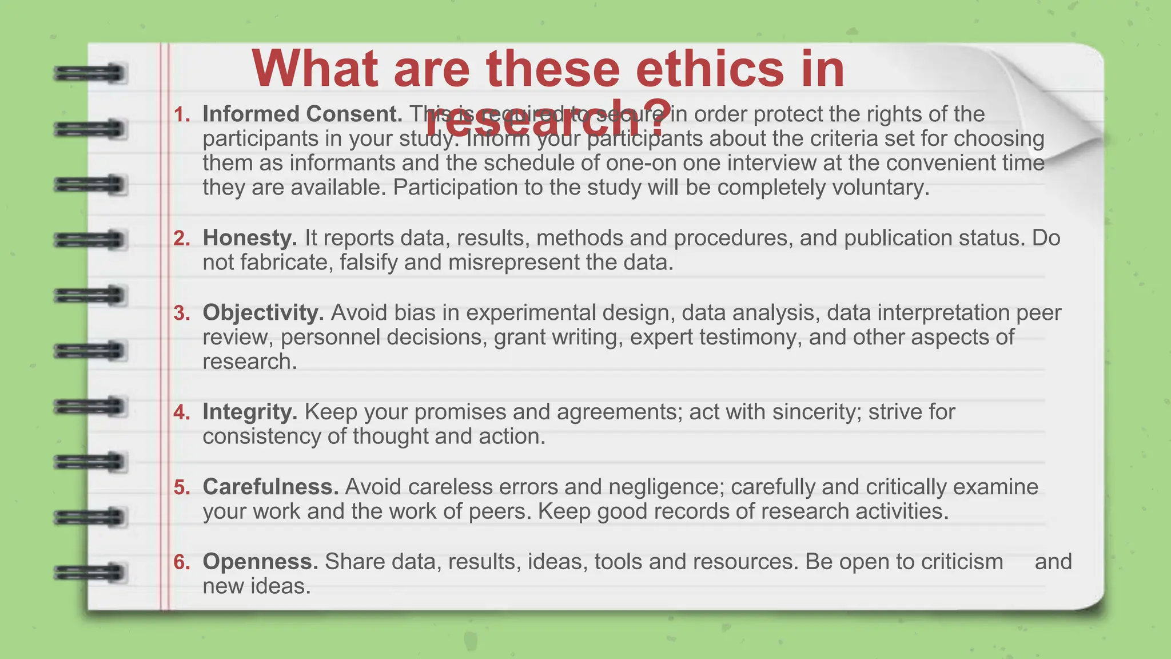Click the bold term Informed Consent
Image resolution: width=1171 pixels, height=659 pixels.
click(x=302, y=114)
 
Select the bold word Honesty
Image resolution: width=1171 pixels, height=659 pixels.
click(x=249, y=238)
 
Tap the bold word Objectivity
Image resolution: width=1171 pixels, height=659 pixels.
click(x=263, y=313)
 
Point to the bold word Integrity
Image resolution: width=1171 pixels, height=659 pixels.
click(x=249, y=412)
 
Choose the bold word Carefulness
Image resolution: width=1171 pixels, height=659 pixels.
click(x=270, y=487)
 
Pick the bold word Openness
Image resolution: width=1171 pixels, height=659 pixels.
click(x=260, y=562)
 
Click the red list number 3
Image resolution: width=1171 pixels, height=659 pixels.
click(x=182, y=313)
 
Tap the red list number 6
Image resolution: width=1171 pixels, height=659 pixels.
click(x=182, y=562)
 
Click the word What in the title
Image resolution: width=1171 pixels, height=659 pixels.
click(x=314, y=69)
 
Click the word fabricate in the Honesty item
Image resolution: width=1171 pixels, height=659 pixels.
click(x=286, y=263)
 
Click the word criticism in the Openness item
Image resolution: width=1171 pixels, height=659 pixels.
click(x=961, y=562)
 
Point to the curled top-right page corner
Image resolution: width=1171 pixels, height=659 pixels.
click(x=1058, y=103)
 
